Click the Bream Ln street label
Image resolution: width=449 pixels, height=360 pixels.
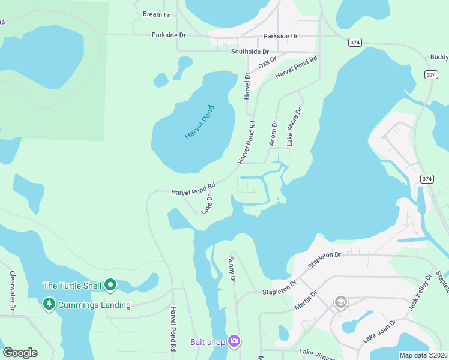pos(157,14)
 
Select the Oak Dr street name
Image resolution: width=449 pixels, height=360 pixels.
pos(267,62)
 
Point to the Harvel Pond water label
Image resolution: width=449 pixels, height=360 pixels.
pos(199,122)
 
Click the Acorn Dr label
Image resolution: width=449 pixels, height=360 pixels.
pos(274,133)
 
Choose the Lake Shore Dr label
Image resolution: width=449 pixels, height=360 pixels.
pos(294,127)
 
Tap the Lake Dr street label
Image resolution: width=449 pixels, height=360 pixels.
pos(207,204)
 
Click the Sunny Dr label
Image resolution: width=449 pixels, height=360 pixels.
pos(231,268)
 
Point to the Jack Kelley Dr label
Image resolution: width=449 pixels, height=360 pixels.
pos(420,293)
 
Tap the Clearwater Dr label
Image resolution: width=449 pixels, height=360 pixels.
pos(12,290)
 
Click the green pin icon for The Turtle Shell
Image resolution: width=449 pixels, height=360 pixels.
pos(110,285)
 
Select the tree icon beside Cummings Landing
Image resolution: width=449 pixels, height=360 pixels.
pos(49,305)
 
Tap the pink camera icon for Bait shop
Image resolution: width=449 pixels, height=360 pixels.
pos(234,342)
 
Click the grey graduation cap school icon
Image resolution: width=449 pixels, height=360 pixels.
pos(340,302)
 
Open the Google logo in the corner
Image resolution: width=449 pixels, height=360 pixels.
pos(20,353)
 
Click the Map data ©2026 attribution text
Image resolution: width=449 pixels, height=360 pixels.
pos(424,355)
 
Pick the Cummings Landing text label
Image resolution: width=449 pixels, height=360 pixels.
pos(94,305)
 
